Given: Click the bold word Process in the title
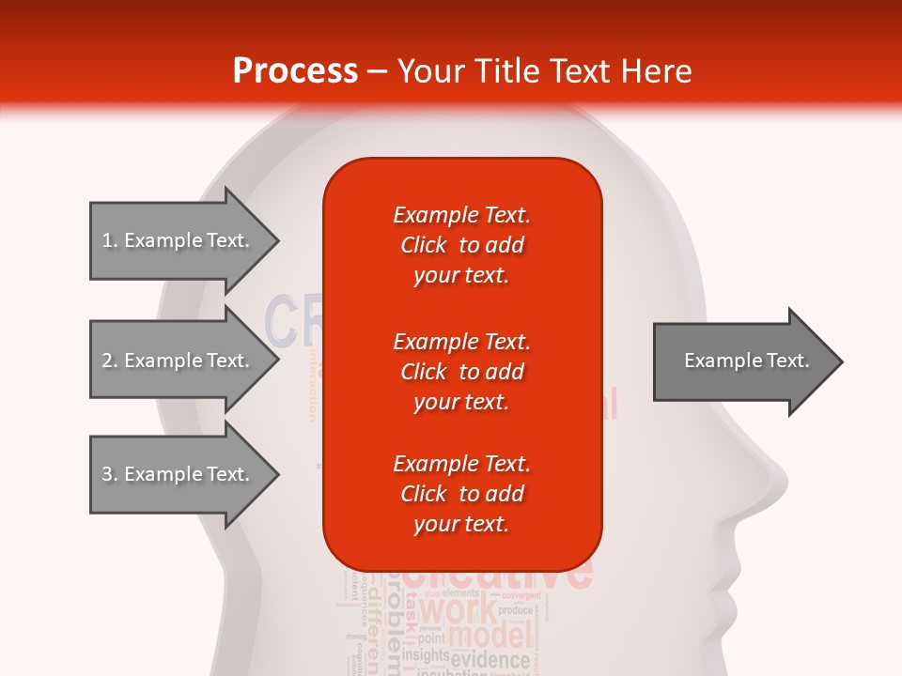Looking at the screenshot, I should [295, 71].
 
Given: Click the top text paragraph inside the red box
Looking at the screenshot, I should [461, 245].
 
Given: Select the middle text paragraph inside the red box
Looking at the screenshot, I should [461, 372].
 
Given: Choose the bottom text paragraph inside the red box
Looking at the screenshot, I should [461, 494].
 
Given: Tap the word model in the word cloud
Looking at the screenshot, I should [490, 637].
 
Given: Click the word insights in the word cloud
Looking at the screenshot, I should [425, 654].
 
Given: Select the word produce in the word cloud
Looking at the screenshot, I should [515, 610].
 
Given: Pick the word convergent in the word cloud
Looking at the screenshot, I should [527, 595].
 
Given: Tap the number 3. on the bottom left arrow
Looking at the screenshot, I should [110, 474].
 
